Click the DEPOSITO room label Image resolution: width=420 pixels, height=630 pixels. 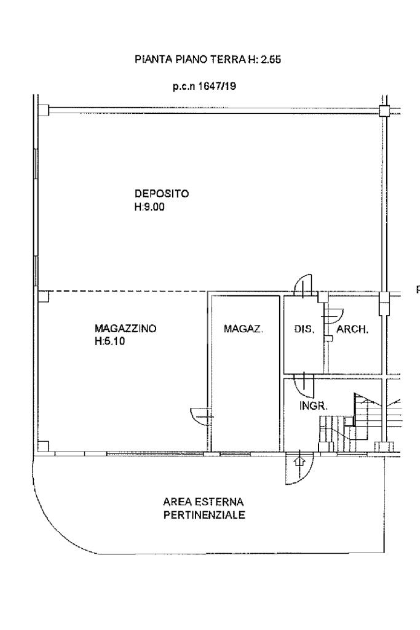click(161, 194)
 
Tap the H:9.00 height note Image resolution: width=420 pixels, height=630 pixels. click(149, 207)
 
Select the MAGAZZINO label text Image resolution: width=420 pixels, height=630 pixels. click(125, 329)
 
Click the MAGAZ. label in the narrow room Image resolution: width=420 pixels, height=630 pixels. click(244, 329)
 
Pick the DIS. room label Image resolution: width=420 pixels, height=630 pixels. click(304, 329)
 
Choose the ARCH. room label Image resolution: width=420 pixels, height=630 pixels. click(352, 330)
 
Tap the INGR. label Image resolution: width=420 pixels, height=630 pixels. click(314, 406)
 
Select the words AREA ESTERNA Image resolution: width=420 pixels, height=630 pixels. click(203, 502)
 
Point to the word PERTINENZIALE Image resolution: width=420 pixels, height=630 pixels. click(204, 515)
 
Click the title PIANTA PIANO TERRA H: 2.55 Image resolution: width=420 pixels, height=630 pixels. click(208, 60)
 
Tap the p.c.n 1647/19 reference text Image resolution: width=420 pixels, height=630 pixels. click(204, 86)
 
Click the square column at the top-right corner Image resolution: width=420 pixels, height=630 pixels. click(384, 111)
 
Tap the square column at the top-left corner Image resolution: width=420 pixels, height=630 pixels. click(44, 110)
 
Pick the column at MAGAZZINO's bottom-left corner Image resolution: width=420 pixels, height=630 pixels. click(44, 447)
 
